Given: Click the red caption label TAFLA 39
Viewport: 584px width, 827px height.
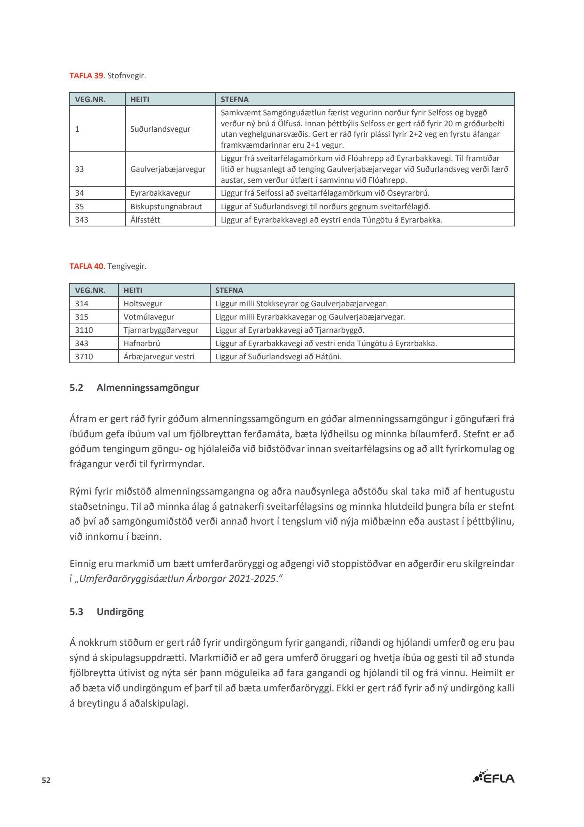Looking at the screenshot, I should pyautogui.click(x=86, y=76).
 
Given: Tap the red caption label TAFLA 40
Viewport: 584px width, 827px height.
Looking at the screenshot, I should pyautogui.click(x=86, y=267).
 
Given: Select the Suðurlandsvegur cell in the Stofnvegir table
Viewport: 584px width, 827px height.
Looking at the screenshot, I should pyautogui.click(x=160, y=129).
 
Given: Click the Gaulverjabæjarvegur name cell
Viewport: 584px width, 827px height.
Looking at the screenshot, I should pyautogui.click(x=168, y=169).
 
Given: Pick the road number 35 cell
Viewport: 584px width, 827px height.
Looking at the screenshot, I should pyautogui.click(x=79, y=207).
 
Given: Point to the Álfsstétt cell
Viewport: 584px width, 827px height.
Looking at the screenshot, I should pyautogui.click(x=145, y=220).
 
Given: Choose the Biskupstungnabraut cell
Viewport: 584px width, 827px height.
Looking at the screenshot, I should pyautogui.click(x=166, y=207).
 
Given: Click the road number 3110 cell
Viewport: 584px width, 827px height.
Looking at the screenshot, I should pyautogui.click(x=84, y=330).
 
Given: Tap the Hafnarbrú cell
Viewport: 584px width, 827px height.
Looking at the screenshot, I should pyautogui.click(x=142, y=343).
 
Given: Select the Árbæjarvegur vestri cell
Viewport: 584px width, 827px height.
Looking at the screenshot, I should pyautogui.click(x=159, y=357).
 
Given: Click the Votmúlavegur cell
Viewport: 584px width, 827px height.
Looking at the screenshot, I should pyautogui.click(x=149, y=317).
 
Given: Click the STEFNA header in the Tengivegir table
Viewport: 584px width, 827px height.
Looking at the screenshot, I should pyautogui.click(x=229, y=290).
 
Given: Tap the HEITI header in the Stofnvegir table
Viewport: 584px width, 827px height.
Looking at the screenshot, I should pyautogui.click(x=140, y=99).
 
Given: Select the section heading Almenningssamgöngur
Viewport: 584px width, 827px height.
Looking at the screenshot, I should pyautogui.click(x=148, y=388).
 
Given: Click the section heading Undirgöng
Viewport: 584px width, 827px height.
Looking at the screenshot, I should pyautogui.click(x=120, y=612).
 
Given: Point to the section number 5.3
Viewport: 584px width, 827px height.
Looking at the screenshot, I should pyautogui.click(x=76, y=612).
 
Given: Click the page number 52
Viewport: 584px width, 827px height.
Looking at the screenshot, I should pyautogui.click(x=46, y=780).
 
